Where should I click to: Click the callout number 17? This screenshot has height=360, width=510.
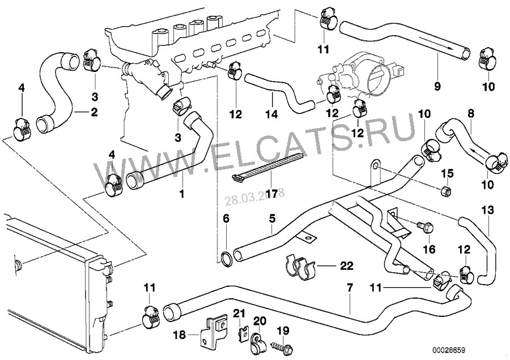tap(271, 194)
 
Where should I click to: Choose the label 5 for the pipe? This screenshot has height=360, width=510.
tap(272, 217)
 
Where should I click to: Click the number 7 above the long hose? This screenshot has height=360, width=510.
tap(350, 289)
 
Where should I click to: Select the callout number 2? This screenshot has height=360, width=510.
tap(93, 112)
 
